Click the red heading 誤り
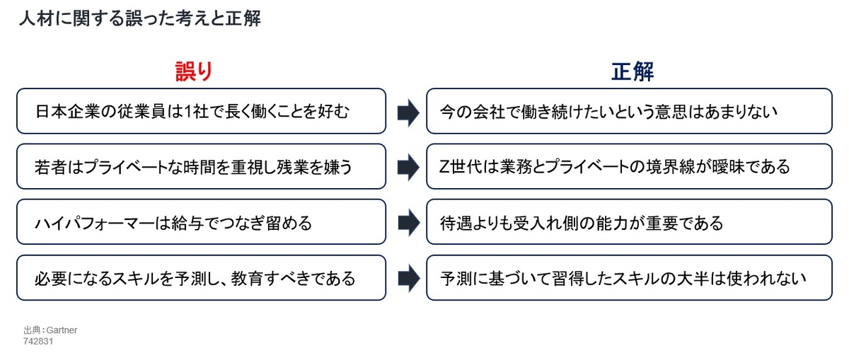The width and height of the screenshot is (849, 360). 194,71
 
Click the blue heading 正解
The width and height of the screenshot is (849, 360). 633,71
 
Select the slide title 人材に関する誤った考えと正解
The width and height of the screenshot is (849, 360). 140,18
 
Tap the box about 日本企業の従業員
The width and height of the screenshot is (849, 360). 201,111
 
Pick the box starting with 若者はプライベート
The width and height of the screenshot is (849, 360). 201,166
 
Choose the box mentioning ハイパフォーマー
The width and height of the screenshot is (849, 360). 201,221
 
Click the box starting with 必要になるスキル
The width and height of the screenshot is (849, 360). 201,278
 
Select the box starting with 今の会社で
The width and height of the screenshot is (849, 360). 629,111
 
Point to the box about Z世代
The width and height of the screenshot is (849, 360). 629,166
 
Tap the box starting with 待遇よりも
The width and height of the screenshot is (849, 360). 629,221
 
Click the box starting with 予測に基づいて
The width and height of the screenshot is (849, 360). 629,278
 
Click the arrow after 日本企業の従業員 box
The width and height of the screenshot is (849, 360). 409,112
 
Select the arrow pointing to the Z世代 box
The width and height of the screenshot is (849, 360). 409,167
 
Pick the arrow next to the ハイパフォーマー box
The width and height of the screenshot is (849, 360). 409,223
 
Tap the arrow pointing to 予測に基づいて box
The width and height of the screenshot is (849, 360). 409,279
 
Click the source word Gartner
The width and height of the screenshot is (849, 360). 62,330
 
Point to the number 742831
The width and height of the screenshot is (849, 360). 38,342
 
